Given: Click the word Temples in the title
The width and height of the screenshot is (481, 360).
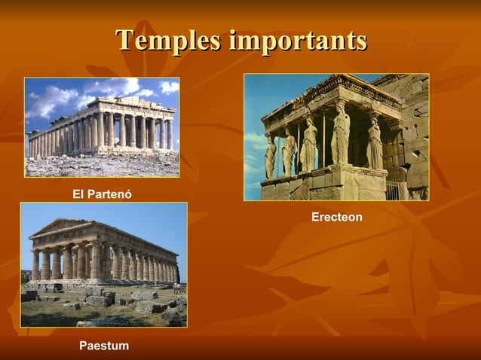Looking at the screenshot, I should (x=168, y=40).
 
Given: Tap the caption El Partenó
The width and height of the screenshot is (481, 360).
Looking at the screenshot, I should (x=102, y=194).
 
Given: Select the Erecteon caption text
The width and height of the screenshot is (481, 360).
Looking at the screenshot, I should (x=337, y=217).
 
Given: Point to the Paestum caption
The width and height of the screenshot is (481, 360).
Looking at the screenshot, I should (x=104, y=346).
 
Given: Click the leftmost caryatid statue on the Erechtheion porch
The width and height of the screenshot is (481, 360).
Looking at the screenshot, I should (x=270, y=157).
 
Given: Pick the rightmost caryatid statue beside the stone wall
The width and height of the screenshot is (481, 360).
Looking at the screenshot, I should (x=374, y=143).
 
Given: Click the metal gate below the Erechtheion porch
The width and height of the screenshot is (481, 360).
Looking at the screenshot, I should (x=393, y=190).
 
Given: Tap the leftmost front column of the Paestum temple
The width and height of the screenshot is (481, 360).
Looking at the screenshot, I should (x=35, y=264).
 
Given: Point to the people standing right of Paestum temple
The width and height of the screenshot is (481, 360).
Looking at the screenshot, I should (x=176, y=287).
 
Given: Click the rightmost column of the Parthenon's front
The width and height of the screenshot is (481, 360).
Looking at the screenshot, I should (x=170, y=133).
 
